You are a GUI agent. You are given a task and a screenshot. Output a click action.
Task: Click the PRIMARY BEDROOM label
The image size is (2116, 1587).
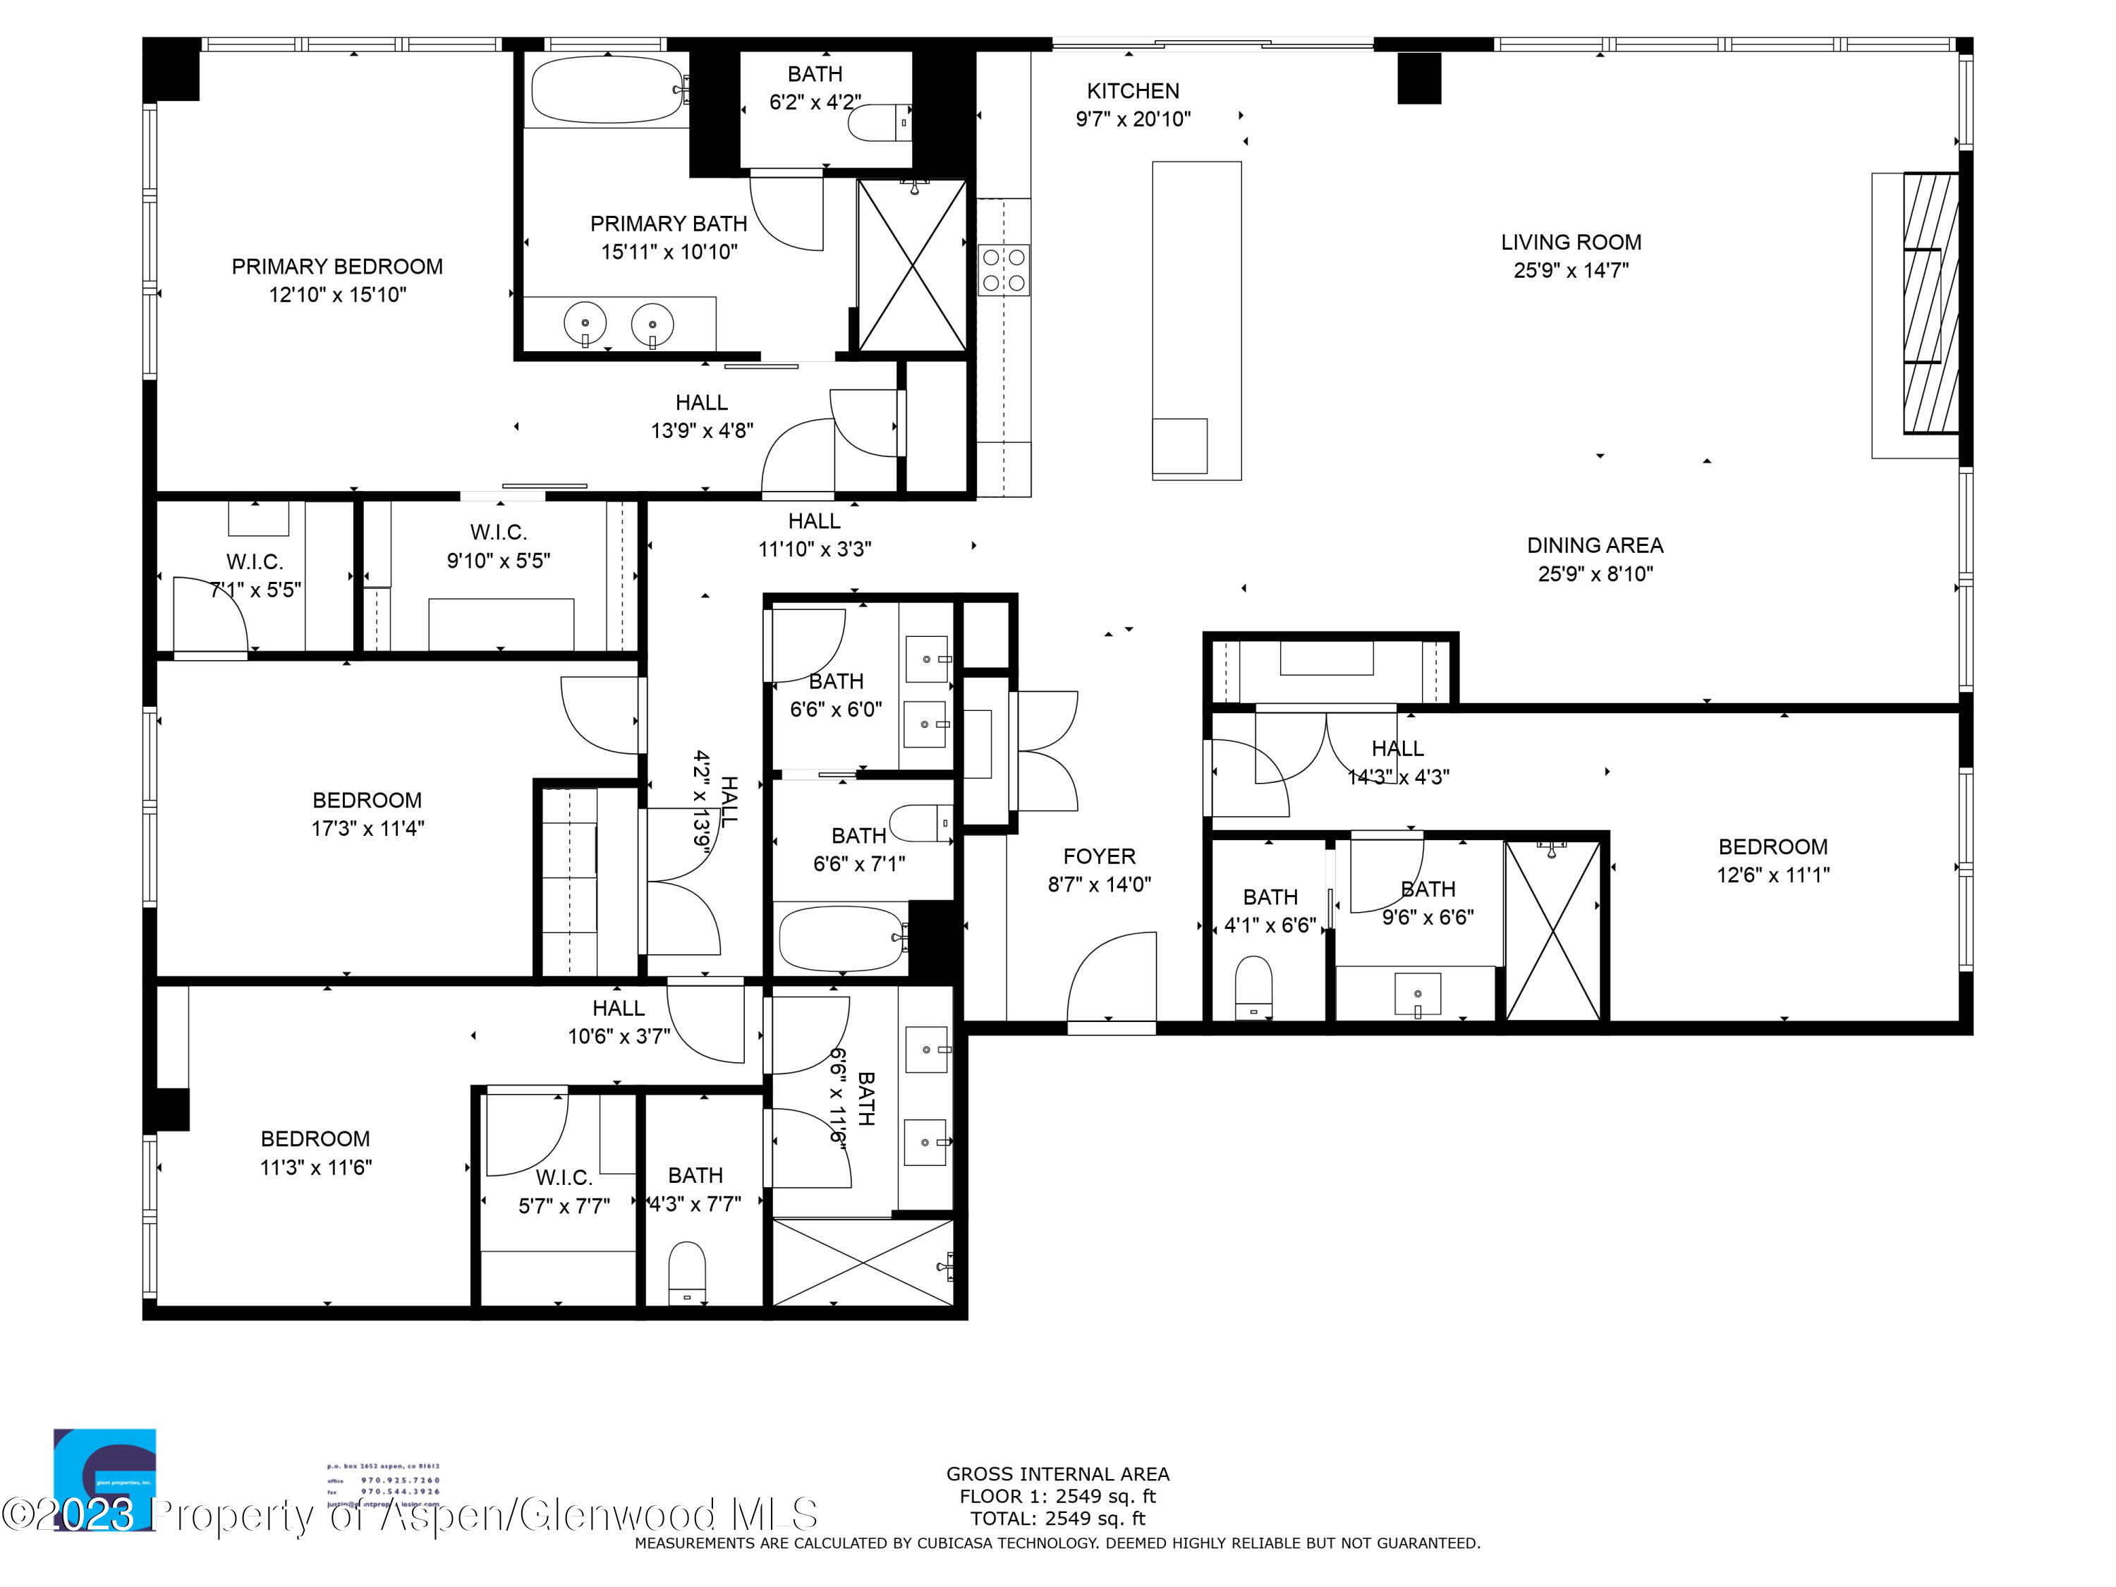coord(336,267)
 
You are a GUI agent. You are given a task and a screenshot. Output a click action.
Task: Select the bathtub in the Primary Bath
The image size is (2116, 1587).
coord(607,89)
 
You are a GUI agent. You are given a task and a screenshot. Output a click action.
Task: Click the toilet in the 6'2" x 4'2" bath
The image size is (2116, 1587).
coord(878,123)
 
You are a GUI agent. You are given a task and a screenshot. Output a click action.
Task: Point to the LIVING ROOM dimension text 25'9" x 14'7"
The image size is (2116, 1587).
coord(1570,271)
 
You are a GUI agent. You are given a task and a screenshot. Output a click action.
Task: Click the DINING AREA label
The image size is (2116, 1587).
coord(1595,545)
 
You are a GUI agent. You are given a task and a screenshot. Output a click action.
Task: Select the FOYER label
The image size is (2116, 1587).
coord(1099,856)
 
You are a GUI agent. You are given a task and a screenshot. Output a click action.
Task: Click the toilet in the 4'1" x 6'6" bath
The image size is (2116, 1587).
coord(1253,985)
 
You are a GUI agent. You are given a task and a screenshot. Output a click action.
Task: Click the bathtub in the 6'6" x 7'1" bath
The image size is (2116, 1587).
coord(840,938)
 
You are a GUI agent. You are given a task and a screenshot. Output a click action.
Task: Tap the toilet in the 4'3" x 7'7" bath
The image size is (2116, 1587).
coord(686,1272)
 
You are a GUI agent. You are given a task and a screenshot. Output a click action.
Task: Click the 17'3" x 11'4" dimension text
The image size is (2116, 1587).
coord(367,829)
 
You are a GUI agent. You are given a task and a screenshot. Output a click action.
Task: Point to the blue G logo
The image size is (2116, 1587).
coord(105,1478)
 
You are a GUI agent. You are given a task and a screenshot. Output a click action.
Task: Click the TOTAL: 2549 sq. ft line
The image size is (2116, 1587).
coord(1057,1518)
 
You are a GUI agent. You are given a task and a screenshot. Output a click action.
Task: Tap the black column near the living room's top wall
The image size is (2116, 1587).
coord(1418,78)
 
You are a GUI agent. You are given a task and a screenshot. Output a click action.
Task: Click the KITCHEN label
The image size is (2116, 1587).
coord(1133,91)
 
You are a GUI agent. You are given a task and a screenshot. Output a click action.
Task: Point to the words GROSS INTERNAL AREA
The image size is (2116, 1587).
coord(1057,1474)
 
